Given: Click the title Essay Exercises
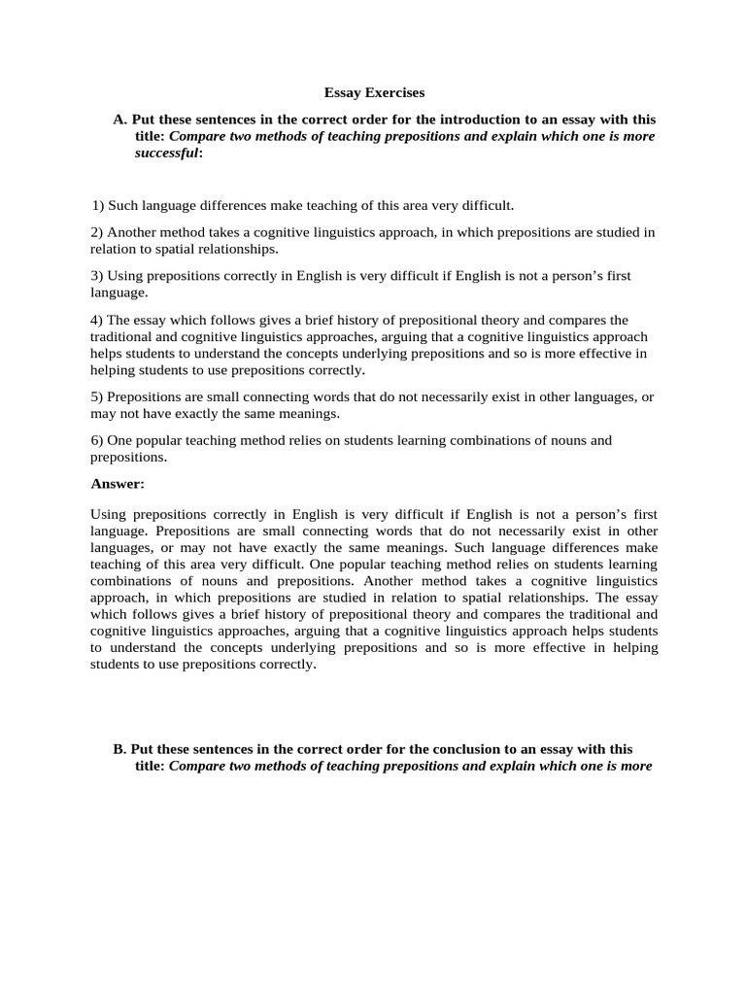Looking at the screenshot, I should click(x=374, y=93).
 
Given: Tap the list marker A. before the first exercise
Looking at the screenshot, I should click(x=120, y=120).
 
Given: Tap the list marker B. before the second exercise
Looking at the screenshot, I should click(x=120, y=749).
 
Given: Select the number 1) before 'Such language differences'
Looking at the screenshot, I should click(x=98, y=206).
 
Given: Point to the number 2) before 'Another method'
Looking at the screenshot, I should click(x=97, y=232).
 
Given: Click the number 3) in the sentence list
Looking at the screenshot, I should click(x=97, y=276).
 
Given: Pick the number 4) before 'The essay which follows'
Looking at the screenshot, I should click(x=97, y=320).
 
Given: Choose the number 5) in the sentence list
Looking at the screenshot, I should click(x=97, y=396).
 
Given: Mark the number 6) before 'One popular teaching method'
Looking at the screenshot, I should click(x=97, y=440).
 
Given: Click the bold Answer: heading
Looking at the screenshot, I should click(x=118, y=483).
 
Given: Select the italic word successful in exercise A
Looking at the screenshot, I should click(x=166, y=153).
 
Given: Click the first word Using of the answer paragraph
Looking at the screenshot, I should click(x=108, y=513).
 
